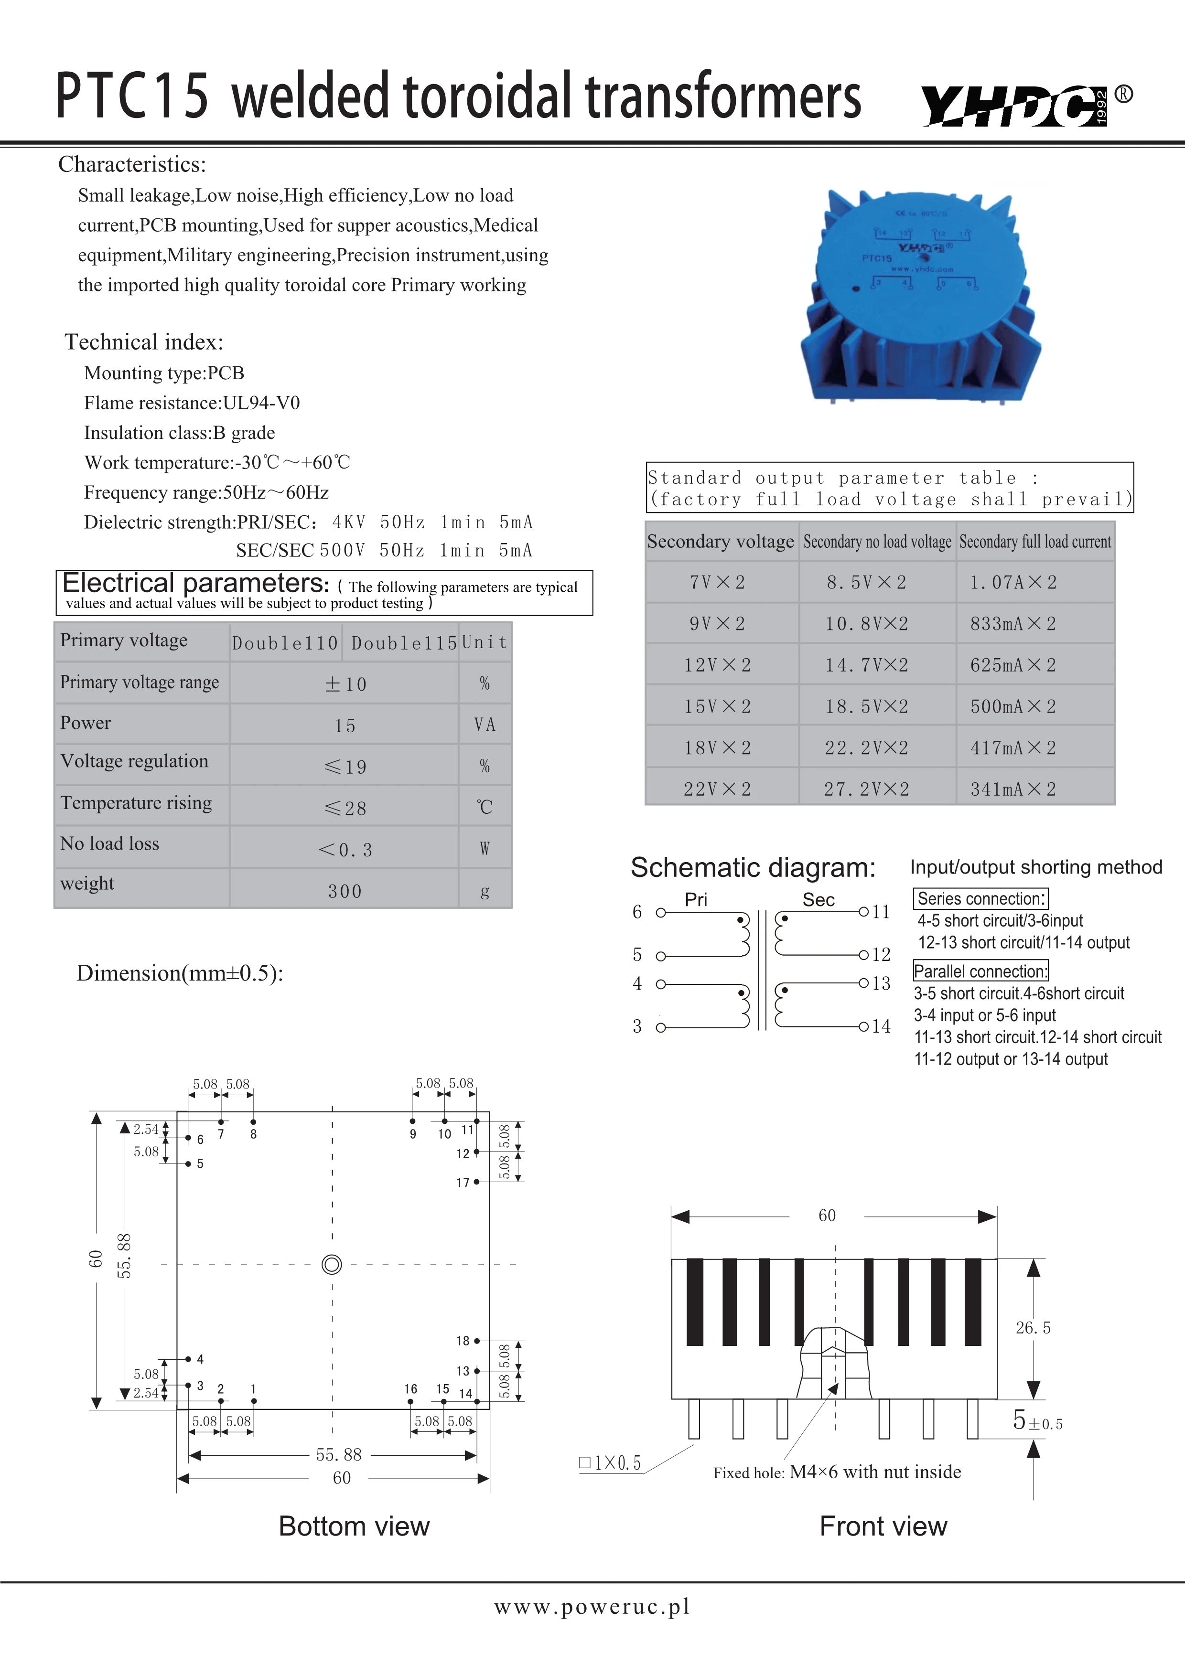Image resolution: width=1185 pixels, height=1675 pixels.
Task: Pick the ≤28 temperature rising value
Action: [x=345, y=808]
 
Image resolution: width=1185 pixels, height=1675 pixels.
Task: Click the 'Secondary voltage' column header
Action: [x=720, y=541]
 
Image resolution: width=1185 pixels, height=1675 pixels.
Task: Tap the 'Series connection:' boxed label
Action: [x=980, y=899]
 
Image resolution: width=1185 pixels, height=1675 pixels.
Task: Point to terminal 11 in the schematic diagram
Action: [x=864, y=912]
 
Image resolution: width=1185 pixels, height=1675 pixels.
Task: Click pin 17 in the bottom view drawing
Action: [x=476, y=1182]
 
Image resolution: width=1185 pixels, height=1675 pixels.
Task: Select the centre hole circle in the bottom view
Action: [x=332, y=1264]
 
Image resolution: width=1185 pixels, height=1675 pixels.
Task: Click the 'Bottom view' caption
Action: [x=354, y=1526]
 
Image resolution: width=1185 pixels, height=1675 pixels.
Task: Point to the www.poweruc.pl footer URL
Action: [x=592, y=1606]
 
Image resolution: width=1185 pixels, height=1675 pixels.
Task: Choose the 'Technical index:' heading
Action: [x=144, y=342]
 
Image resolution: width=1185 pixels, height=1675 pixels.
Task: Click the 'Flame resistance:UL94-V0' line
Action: [x=192, y=403]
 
